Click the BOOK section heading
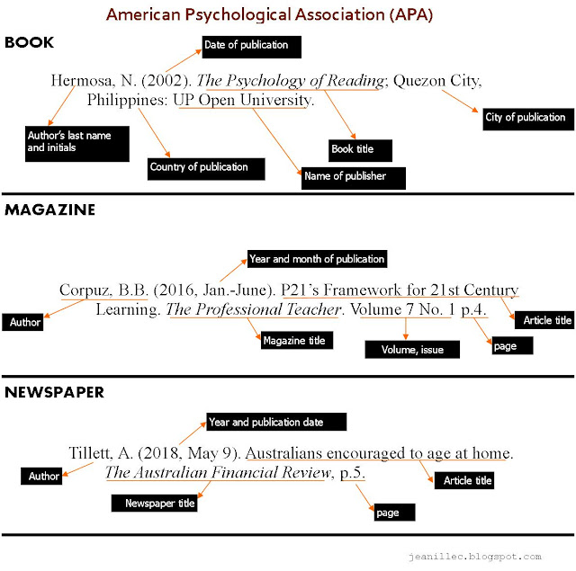click(30, 42)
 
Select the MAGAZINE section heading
click(49, 210)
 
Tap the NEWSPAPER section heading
click(54, 392)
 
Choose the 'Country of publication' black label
click(205, 167)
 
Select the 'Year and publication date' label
click(265, 422)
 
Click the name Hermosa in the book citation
click(80, 80)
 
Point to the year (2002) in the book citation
click(164, 80)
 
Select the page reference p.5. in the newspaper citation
click(352, 473)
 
